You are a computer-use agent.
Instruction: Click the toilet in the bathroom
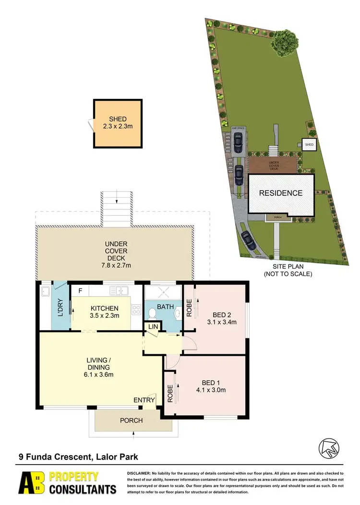[153, 313]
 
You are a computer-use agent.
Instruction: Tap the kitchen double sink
[118, 290]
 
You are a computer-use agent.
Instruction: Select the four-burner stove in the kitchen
[136, 310]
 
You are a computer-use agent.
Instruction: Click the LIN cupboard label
[153, 326]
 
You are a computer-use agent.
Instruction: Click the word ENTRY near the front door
[144, 400]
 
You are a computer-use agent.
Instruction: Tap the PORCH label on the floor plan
[131, 421]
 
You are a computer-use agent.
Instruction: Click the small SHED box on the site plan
[309, 144]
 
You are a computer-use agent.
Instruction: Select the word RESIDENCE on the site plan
[281, 193]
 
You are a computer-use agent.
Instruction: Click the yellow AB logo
[33, 483]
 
